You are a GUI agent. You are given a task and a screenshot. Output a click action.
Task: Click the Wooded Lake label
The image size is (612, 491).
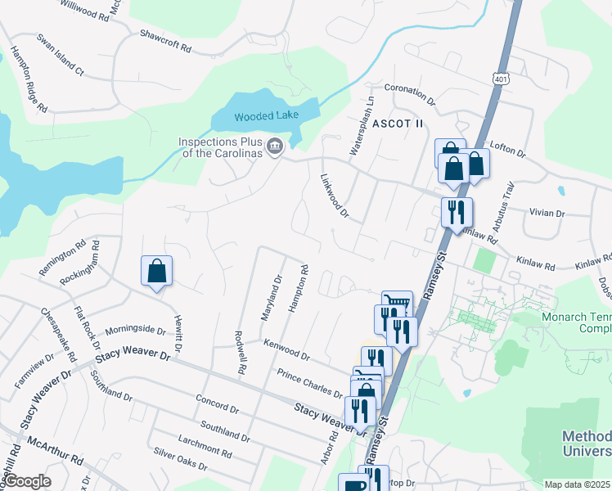click(267, 116)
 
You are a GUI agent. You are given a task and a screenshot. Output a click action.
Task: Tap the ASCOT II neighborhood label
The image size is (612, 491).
click(398, 124)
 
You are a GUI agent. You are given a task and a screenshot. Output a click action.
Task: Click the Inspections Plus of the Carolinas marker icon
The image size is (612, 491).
click(275, 147)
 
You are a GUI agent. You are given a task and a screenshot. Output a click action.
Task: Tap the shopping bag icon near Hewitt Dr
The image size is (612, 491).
click(156, 272)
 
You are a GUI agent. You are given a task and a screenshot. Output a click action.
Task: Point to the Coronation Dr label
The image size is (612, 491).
click(409, 93)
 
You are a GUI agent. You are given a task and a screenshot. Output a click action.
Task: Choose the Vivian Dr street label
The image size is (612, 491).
click(547, 213)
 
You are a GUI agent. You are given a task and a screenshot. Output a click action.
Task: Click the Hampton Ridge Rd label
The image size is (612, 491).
click(29, 79)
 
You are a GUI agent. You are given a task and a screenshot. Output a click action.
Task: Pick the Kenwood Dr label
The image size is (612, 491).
click(286, 349)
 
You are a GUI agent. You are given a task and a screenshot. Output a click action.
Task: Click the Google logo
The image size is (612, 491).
click(27, 481)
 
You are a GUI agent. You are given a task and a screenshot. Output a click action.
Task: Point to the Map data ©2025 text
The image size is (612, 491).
click(576, 484)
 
